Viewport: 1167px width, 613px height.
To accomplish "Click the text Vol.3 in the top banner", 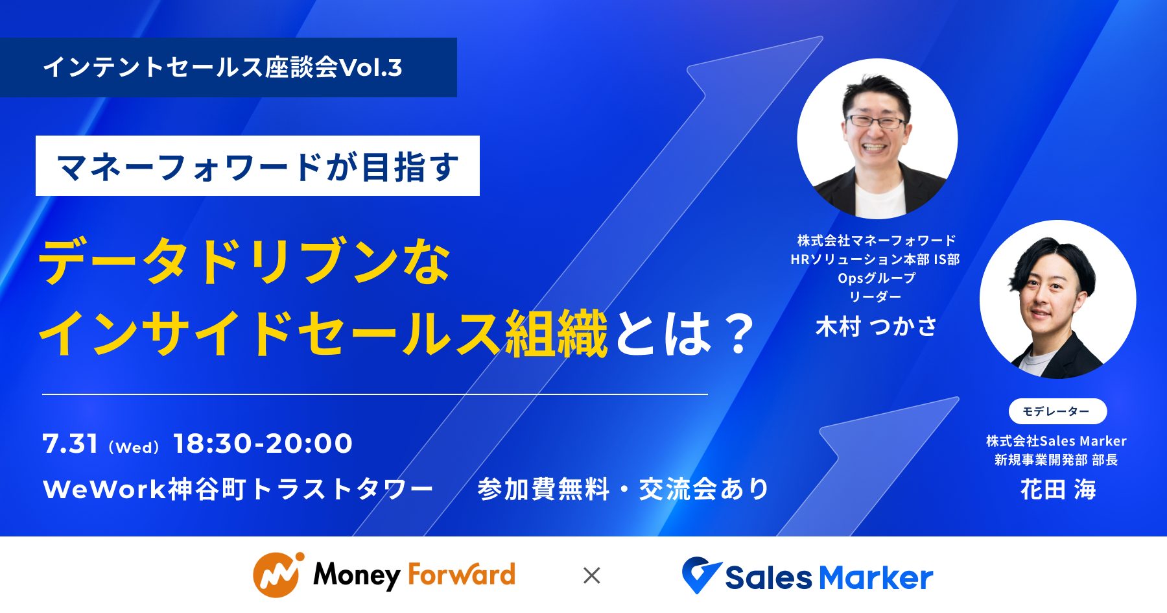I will pyautogui.click(x=371, y=67).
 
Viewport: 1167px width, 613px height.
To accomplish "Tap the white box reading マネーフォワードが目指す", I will pyautogui.click(x=257, y=166).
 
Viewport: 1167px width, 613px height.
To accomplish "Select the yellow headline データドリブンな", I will pyautogui.click(x=245, y=262).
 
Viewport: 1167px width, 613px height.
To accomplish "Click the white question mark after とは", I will pyautogui.click(x=738, y=333).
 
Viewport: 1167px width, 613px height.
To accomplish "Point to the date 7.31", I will pyautogui.click(x=70, y=444).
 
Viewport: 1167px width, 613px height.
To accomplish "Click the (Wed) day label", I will pyautogui.click(x=134, y=448).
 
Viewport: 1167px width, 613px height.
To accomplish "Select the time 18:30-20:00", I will pyautogui.click(x=263, y=444).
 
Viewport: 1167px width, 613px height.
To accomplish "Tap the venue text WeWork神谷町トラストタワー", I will pyautogui.click(x=237, y=489).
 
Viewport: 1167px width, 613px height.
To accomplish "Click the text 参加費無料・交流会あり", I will pyautogui.click(x=623, y=489).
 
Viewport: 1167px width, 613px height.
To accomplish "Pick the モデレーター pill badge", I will pyautogui.click(x=1057, y=411).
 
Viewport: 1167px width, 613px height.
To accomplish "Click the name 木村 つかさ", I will pyautogui.click(x=876, y=327).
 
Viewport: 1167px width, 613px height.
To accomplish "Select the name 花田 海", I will pyautogui.click(x=1057, y=489).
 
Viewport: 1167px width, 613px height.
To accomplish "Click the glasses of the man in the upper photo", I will pyautogui.click(x=875, y=121).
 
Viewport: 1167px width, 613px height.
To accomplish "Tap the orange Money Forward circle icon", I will pyautogui.click(x=277, y=575).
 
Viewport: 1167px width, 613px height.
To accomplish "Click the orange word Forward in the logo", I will pyautogui.click(x=462, y=575).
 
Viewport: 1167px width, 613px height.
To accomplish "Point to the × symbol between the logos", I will pyautogui.click(x=591, y=575).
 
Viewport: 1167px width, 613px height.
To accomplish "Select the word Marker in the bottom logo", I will pyautogui.click(x=875, y=577).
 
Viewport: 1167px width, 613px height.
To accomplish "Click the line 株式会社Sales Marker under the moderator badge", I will pyautogui.click(x=1056, y=441).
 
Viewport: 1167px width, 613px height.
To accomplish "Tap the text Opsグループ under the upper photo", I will pyautogui.click(x=876, y=278).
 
